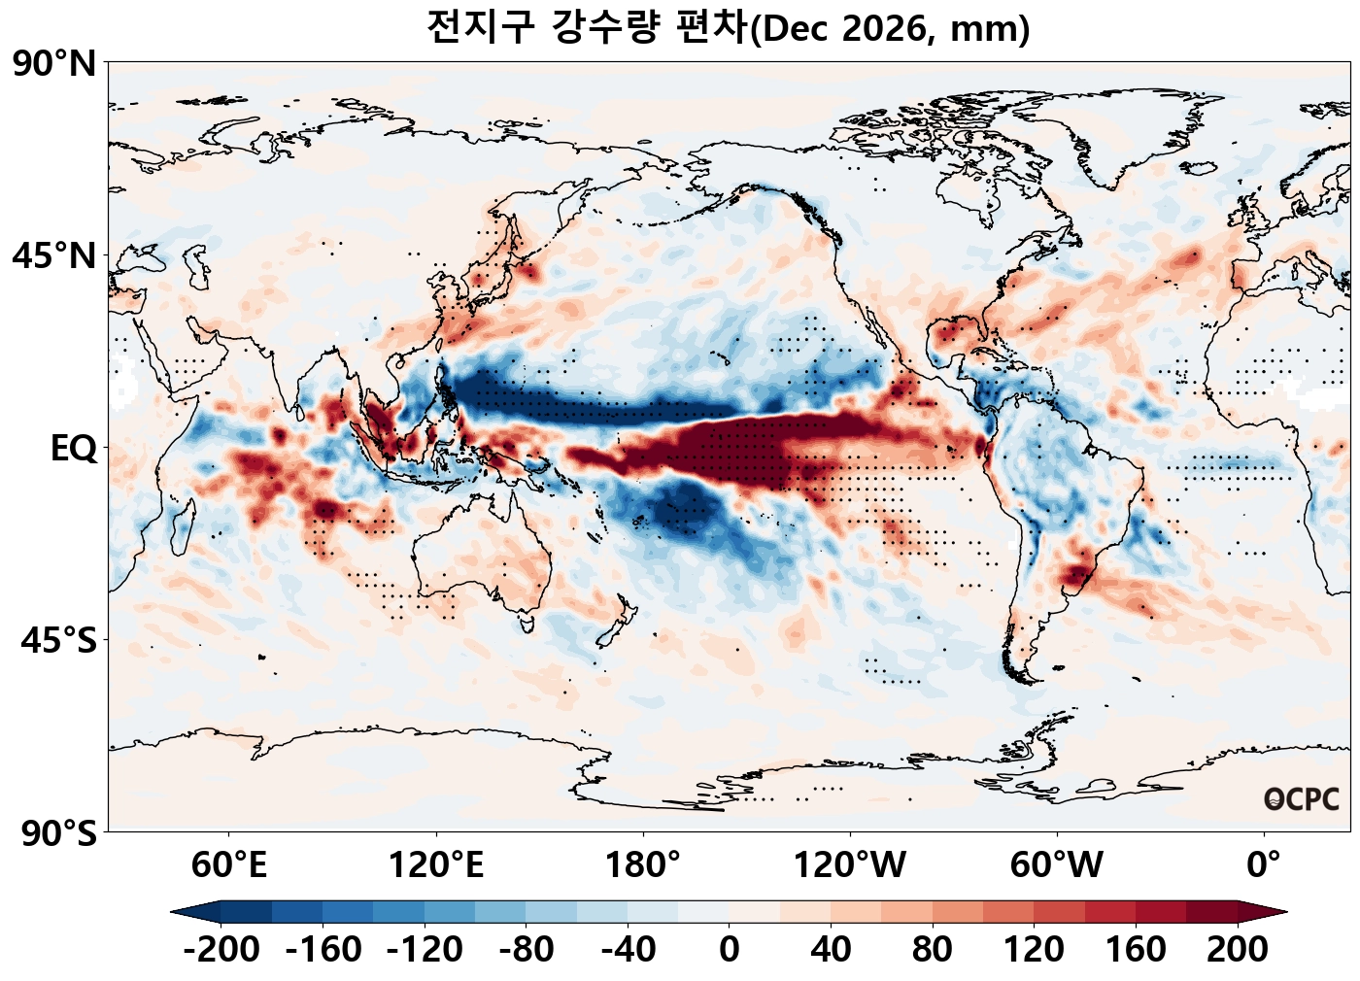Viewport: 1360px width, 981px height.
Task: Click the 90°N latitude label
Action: pos(54,63)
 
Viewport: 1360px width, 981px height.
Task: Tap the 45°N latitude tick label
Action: pos(54,255)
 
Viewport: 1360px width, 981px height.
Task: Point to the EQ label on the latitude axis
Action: pos(74,449)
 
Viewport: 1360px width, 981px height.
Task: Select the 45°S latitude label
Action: pos(59,640)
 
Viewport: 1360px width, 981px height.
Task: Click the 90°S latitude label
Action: pos(59,833)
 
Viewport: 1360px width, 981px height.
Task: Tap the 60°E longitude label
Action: pos(229,864)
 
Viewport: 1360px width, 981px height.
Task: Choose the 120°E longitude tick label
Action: pos(436,864)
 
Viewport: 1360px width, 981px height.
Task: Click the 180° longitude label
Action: pos(643,864)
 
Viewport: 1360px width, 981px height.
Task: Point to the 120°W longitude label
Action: pos(850,864)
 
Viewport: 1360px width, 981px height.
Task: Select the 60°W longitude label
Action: pos(1057,864)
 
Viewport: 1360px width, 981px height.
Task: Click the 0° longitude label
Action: pos(1264,864)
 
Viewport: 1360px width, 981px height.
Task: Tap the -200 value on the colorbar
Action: pos(221,950)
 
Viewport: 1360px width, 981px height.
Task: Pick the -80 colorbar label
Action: pos(527,950)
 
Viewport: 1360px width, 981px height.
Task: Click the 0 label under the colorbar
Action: pos(730,950)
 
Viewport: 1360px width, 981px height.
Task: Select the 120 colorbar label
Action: pos(1034,950)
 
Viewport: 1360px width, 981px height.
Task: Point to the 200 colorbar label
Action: pos(1238,950)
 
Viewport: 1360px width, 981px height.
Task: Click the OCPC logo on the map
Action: pos(1301,799)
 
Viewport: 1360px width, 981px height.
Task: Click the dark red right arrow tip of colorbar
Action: pos(1286,912)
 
